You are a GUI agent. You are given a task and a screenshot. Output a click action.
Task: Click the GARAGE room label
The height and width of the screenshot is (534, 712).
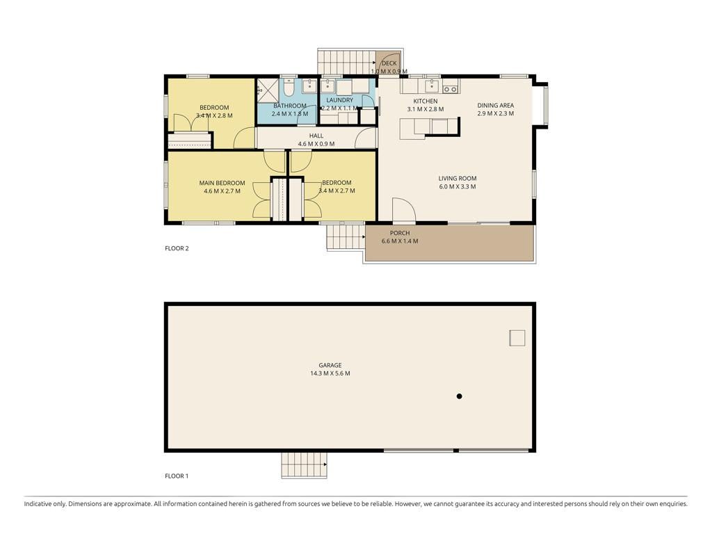330,365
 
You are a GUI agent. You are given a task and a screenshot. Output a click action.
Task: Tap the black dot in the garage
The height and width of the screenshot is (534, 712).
459,396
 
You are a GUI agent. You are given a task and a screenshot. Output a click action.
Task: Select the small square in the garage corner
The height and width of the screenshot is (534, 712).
517,339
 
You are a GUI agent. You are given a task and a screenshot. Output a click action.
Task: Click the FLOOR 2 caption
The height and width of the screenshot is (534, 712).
177,248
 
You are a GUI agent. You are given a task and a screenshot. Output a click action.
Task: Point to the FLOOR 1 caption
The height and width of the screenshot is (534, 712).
177,476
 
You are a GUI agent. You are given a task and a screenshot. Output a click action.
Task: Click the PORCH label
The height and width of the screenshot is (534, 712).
400,233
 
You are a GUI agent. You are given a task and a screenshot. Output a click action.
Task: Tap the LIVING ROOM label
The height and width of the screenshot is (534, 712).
458,179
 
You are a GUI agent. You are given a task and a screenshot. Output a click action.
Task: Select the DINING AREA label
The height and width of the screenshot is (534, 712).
495,106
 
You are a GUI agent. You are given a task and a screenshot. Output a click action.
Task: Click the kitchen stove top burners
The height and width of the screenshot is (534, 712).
450,90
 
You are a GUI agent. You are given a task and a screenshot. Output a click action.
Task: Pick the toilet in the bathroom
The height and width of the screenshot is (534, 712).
289,87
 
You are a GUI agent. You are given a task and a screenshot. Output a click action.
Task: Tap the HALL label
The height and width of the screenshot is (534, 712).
316,136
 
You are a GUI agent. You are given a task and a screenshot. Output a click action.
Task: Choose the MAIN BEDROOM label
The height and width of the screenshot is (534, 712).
222,183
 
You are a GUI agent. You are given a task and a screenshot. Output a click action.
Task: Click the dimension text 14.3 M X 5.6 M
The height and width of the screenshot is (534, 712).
330,373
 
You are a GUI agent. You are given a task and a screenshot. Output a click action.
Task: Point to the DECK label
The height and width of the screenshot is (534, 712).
389,63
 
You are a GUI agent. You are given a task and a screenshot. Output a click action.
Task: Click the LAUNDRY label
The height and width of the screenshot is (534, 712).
339,100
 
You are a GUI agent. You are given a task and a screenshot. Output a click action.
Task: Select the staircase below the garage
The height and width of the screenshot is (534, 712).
305,465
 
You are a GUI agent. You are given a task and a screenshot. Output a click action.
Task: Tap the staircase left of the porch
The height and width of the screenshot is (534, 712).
346,236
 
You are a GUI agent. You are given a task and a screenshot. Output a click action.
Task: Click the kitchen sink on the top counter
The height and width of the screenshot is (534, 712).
431,86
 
